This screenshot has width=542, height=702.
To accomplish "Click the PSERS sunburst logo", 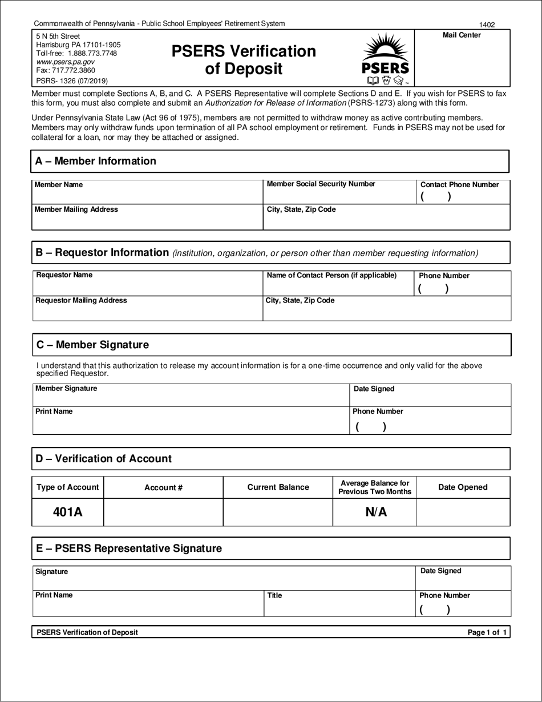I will tap(385, 58).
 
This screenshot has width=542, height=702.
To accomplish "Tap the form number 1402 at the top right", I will tap(487, 25).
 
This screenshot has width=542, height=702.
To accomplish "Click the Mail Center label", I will tap(462, 35).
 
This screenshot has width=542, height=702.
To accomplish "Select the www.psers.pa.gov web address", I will tap(66, 62).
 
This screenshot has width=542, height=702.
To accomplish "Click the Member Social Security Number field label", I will tap(321, 184).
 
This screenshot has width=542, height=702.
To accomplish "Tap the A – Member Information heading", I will tap(95, 161).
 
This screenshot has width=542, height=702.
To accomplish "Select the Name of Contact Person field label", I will tap(331, 276).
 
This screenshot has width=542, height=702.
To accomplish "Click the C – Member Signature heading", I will tap(92, 345).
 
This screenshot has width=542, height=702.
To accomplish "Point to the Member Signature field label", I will tap(66, 389).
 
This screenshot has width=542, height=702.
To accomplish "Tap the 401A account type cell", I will tap(68, 512).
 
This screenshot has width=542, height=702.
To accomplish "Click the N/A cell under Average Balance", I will tap(375, 512).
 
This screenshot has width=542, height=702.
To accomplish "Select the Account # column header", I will tap(163, 487).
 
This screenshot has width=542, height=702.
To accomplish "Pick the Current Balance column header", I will tap(278, 487).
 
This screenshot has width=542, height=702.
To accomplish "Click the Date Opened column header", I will tap(463, 487).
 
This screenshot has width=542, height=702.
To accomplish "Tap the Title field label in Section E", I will tap(274, 595).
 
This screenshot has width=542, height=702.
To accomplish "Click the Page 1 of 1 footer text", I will tap(487, 632).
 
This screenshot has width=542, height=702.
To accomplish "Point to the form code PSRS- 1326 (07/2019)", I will tap(72, 81).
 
